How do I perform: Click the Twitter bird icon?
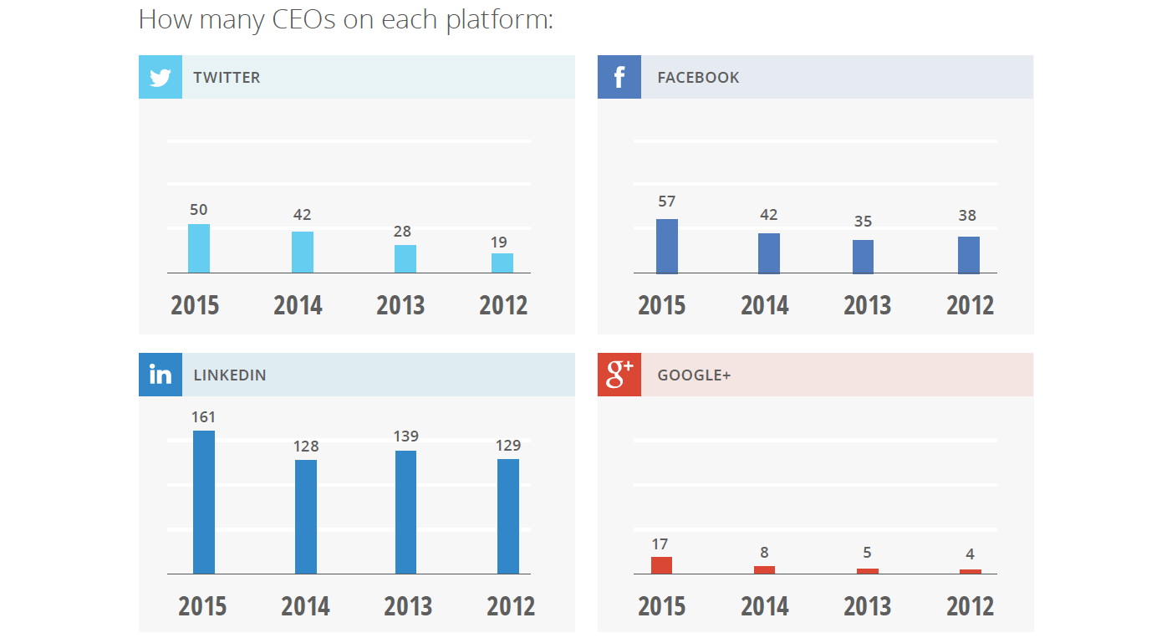pos(160,77)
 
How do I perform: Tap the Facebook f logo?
pos(619,77)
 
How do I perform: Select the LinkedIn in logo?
pos(160,375)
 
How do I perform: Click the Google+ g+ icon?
pos(619,375)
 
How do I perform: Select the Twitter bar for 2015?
pos(199,248)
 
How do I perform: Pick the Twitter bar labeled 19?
pos(502,263)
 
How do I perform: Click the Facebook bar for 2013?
pos(863,257)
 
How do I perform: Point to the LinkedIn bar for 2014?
pos(306,517)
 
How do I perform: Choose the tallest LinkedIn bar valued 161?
pos(204,502)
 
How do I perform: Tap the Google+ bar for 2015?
pos(661,565)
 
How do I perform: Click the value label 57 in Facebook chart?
pos(666,202)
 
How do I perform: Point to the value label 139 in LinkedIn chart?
pos(406,436)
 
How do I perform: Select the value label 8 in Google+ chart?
pos(764,553)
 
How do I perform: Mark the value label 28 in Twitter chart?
pos(402,232)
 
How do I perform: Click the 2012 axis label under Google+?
pos(970,605)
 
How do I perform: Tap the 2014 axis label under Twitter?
pos(298,305)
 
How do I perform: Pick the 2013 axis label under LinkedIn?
pos(408,605)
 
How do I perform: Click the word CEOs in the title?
pos(304,19)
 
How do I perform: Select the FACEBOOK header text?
pos(698,78)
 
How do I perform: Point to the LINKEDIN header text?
pos(230,375)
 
